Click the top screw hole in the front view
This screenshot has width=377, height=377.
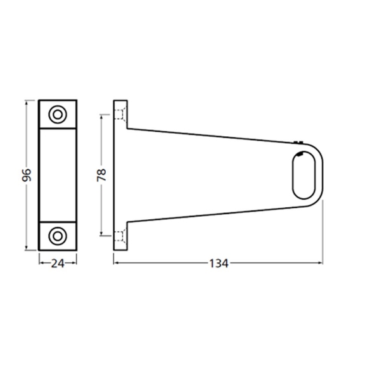tap(58, 115)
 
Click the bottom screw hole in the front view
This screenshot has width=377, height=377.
tap(58, 235)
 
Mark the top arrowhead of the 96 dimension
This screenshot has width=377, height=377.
tap(27, 103)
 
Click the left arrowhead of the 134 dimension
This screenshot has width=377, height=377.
tap(117, 262)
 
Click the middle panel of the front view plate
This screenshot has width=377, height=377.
tap(58, 175)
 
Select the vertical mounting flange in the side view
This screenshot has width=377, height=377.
tap(119, 175)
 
